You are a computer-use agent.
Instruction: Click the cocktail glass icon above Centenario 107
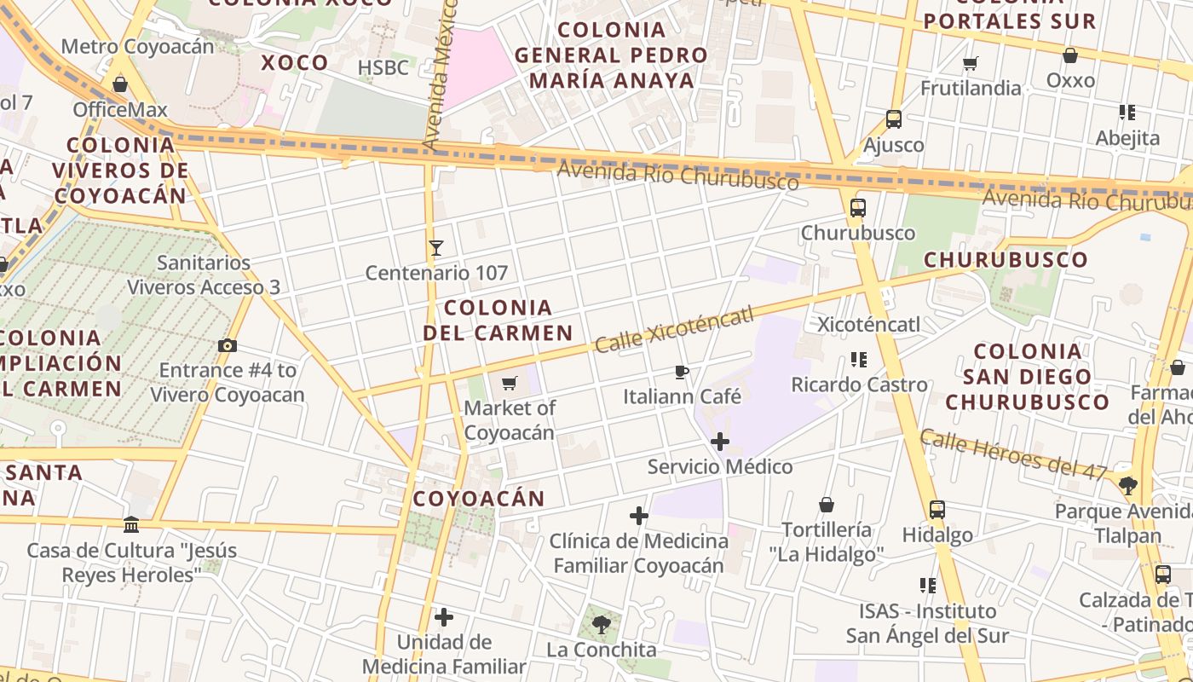click(436, 248)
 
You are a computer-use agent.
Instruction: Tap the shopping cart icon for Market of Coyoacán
click(510, 383)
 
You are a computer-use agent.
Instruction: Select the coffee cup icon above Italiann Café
click(681, 372)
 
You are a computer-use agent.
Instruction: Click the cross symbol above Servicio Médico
click(720, 442)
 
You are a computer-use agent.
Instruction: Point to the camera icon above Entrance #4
click(228, 345)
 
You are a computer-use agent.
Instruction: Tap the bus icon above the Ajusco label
click(894, 119)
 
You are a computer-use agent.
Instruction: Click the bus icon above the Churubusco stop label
click(858, 207)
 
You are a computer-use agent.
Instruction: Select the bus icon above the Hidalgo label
click(937, 510)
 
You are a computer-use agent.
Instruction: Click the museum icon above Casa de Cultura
click(131, 524)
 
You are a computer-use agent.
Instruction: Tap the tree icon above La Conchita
click(602, 624)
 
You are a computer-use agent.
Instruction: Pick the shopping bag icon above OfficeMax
click(120, 84)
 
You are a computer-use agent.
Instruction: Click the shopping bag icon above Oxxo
click(1070, 55)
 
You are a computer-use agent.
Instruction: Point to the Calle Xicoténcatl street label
click(675, 330)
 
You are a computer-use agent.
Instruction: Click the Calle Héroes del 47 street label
click(1013, 454)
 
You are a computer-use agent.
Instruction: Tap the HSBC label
click(383, 67)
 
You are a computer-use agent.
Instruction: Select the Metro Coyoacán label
click(138, 46)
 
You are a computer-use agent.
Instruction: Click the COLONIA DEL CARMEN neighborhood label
click(499, 320)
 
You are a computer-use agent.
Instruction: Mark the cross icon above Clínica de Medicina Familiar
click(639, 516)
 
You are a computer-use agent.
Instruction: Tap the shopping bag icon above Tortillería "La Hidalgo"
click(826, 505)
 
